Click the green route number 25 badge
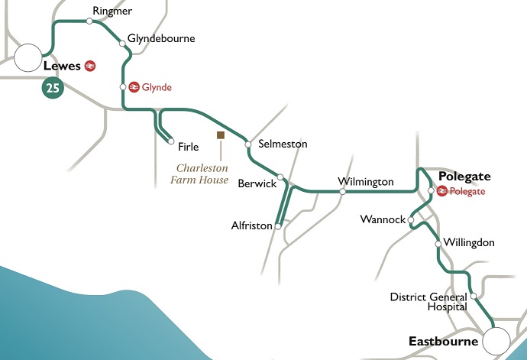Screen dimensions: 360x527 [53, 89]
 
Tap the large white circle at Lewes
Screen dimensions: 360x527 [28, 57]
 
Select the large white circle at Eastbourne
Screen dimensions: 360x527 [498, 340]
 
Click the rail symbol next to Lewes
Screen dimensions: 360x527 [90, 66]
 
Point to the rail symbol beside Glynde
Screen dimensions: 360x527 [134, 87]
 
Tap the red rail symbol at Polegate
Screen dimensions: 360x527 [441, 191]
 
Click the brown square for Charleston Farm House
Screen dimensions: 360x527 [220, 135]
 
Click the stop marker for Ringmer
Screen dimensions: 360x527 [89, 21]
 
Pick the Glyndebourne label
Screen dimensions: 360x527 [161, 38]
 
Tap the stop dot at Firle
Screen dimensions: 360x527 [170, 141]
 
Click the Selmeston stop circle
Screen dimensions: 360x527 [248, 144]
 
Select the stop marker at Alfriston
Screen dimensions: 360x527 [278, 226]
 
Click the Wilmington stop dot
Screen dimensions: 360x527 [342, 192]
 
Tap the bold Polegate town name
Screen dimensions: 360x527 [464, 176]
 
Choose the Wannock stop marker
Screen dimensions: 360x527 [411, 220]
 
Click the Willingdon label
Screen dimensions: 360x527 [469, 242]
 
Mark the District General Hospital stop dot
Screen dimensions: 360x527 [474, 296]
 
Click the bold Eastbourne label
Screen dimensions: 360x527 [442, 341]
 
